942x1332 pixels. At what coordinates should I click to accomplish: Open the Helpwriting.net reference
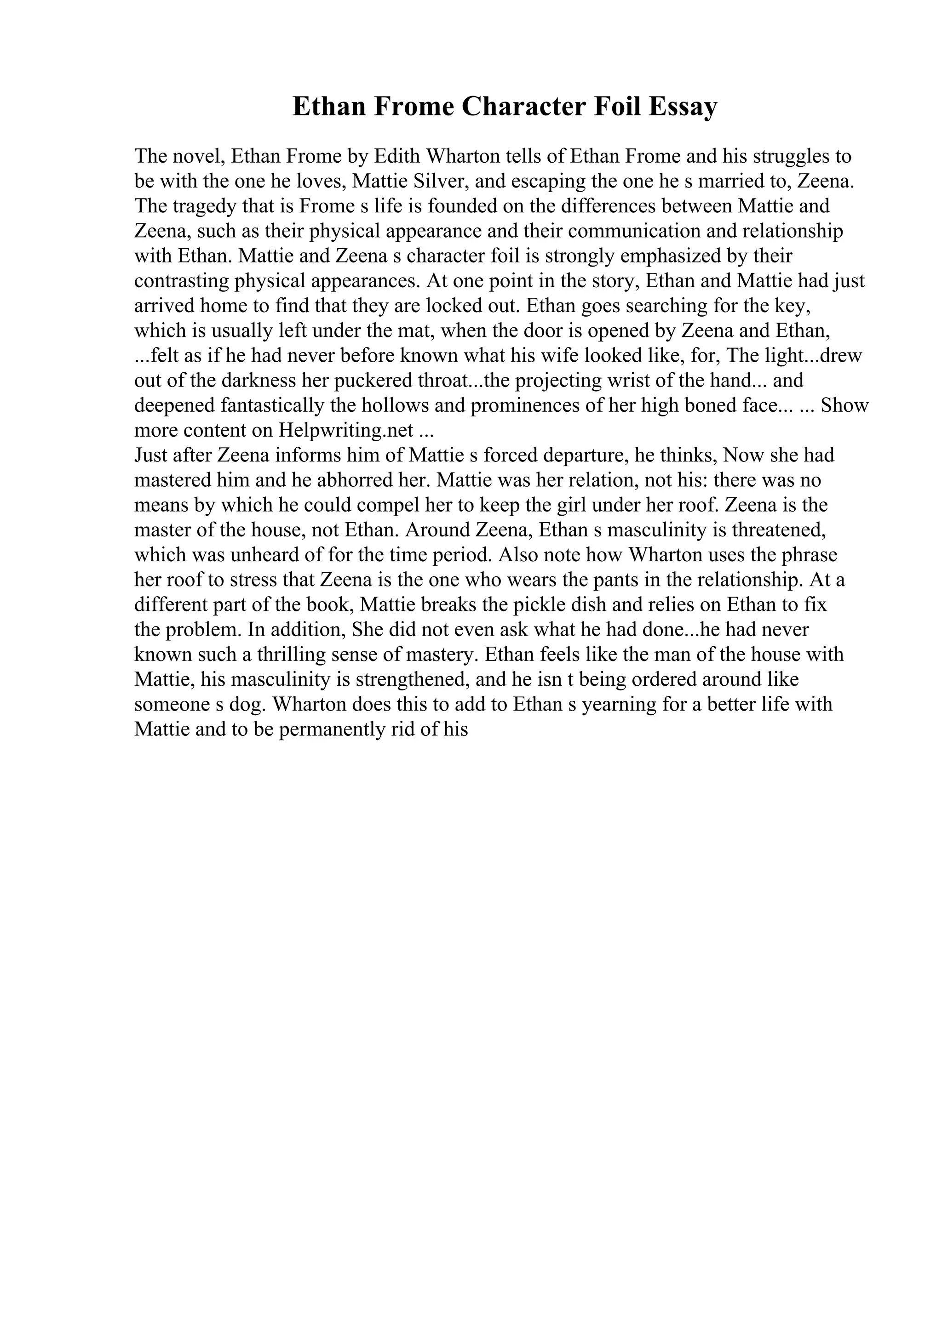(x=346, y=431)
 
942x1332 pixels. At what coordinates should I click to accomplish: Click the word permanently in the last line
(x=324, y=729)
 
